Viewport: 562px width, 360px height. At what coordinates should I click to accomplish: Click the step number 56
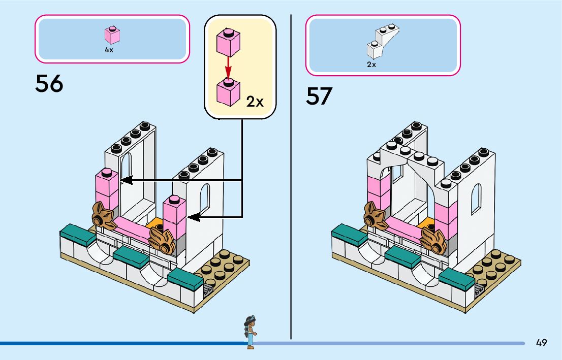[49, 84]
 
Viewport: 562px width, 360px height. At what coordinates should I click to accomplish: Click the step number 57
[319, 96]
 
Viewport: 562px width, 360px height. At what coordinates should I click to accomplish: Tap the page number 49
[541, 343]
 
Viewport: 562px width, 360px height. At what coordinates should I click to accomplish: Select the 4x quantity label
[109, 50]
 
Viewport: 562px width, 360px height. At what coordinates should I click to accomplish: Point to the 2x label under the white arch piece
[371, 64]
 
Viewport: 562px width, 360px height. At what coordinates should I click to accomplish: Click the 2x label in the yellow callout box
[255, 102]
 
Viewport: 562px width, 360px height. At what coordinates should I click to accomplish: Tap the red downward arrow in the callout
[228, 67]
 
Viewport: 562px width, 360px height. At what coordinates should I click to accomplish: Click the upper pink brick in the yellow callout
[228, 43]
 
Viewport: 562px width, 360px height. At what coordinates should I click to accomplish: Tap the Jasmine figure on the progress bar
[250, 331]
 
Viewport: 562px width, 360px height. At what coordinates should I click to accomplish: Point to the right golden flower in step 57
[433, 240]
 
